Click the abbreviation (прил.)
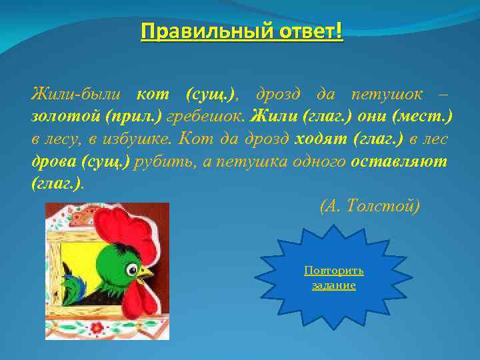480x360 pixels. pyautogui.click(x=133, y=117)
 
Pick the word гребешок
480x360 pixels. pyautogui.click(x=206, y=117)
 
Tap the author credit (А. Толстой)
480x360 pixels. pyautogui.click(x=371, y=207)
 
